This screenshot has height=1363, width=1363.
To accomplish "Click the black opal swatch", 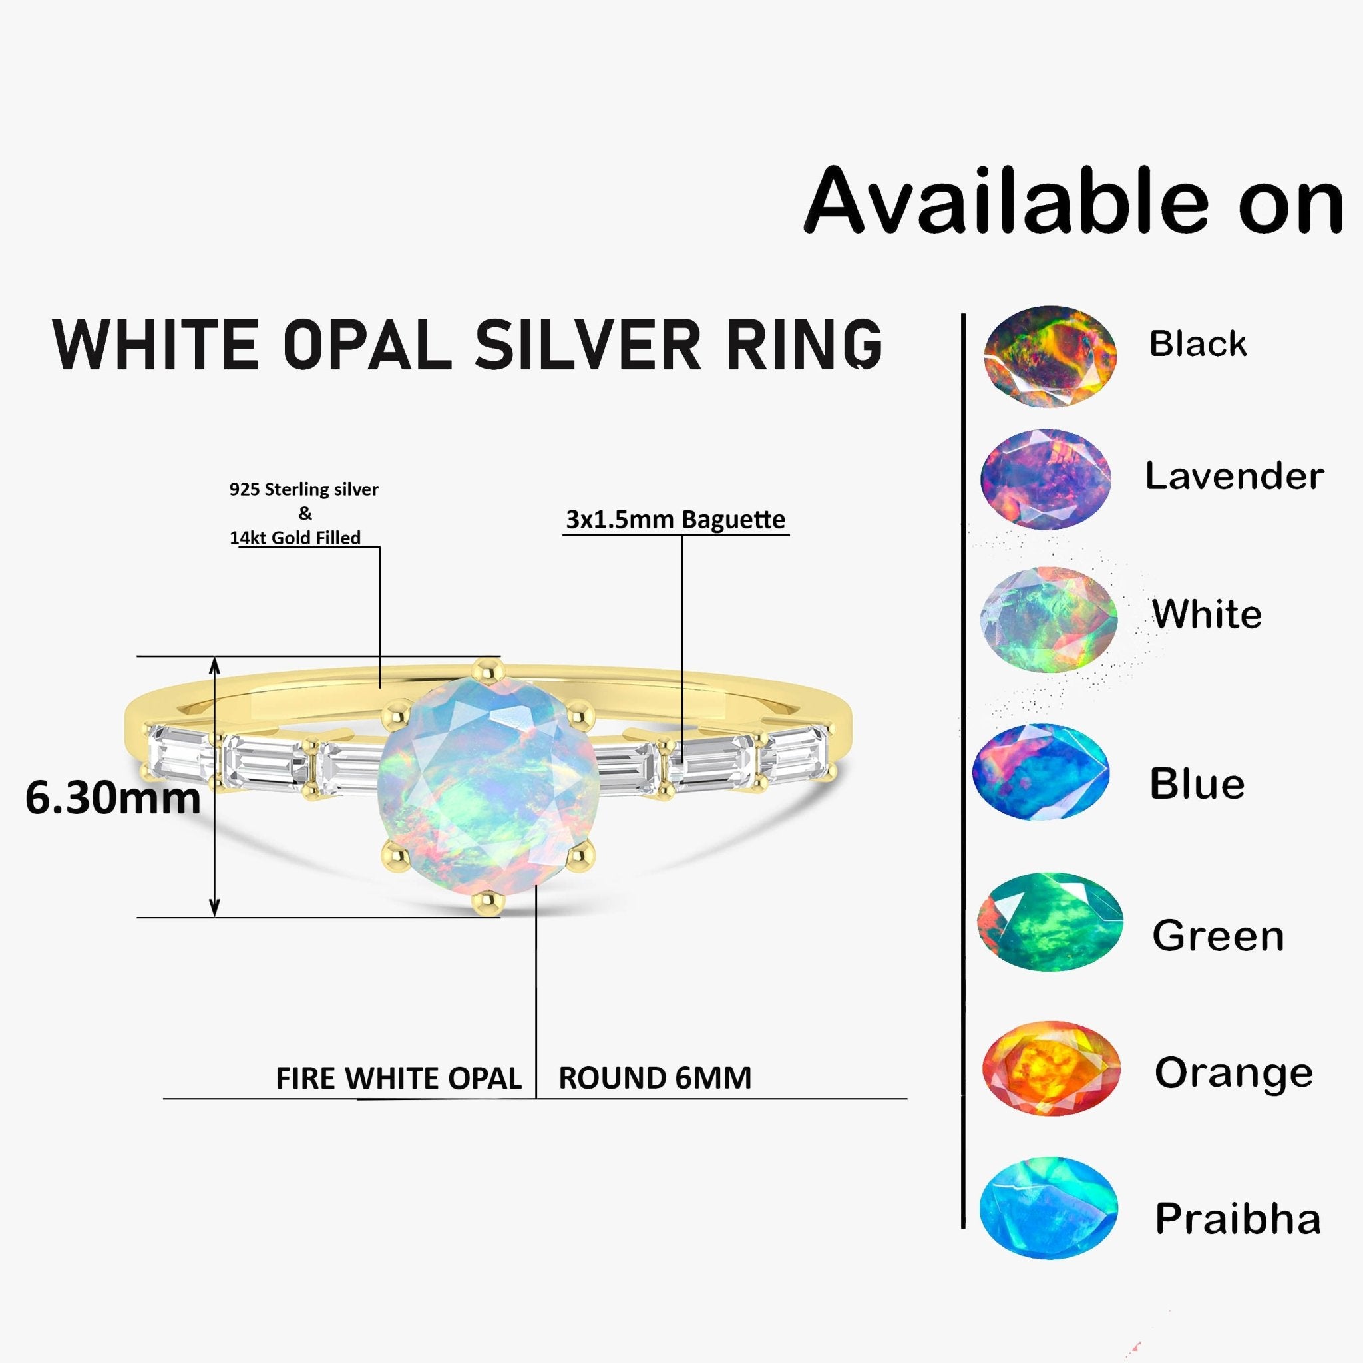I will coord(1050,356).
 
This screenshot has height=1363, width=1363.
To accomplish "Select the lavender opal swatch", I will coord(1045,480).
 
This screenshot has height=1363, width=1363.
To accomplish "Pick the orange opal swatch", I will coord(1051,1068).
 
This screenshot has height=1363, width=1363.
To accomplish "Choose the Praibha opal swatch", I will coord(1048,1208).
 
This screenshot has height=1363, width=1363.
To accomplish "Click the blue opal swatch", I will coord(1041,772).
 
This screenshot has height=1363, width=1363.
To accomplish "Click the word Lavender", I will coord(1234,477).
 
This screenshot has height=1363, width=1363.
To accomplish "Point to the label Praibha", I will coord(1237,1219).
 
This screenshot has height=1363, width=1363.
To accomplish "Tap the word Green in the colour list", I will coord(1218,936).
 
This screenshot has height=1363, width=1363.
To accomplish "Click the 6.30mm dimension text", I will coord(113,798).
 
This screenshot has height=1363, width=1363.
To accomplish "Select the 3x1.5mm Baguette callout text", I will coord(675,520).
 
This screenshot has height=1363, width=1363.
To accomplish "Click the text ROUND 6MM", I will coord(655,1078).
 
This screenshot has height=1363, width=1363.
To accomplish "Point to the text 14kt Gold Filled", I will coord(295,538).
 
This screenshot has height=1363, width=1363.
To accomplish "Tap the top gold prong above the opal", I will coord(488,668).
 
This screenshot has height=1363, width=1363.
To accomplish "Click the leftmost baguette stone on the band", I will coord(178,753).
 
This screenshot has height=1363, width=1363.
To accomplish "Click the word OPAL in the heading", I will coord(367,345).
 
